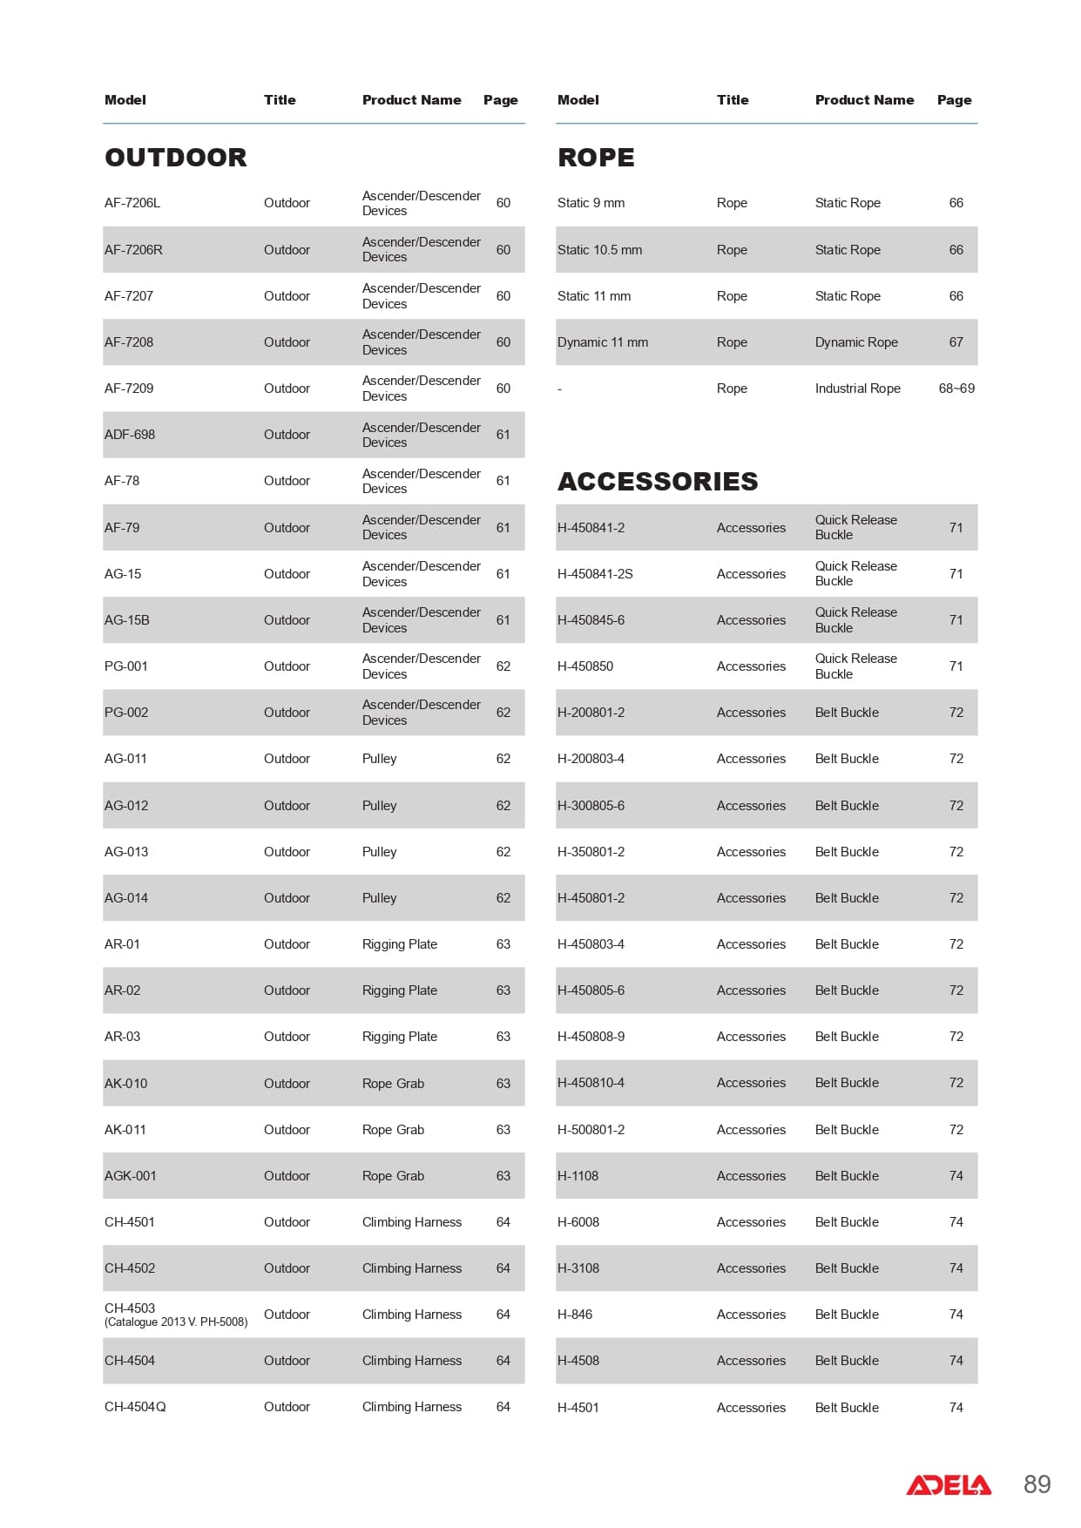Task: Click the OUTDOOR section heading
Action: (x=175, y=158)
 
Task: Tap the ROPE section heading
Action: (x=596, y=158)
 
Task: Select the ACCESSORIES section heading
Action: (x=658, y=482)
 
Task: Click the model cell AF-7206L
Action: (x=132, y=203)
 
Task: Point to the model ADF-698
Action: (x=130, y=435)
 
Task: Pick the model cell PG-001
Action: (x=126, y=666)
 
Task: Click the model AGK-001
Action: (x=131, y=1176)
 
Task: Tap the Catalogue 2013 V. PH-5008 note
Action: (x=176, y=1322)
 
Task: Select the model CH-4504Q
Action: (x=135, y=1407)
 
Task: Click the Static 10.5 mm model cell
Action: (x=599, y=250)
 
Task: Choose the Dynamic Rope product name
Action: (x=856, y=342)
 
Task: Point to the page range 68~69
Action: (x=956, y=389)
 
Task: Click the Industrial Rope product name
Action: (x=858, y=389)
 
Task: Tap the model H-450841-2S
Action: (x=595, y=574)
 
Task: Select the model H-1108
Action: (x=578, y=1176)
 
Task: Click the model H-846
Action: (x=575, y=1315)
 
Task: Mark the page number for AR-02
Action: (x=503, y=990)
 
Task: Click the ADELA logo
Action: (x=949, y=1484)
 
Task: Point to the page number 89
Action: (x=1037, y=1484)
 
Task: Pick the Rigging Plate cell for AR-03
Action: (x=400, y=1037)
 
